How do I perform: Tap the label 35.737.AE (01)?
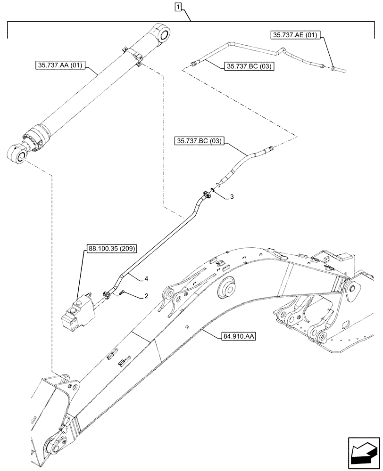(295, 34)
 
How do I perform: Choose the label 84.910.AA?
(238, 336)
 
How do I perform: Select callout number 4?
(147, 279)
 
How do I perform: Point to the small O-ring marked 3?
(213, 190)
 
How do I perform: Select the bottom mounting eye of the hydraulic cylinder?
(16, 154)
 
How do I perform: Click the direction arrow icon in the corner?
(362, 455)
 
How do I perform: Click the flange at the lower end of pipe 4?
(107, 295)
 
